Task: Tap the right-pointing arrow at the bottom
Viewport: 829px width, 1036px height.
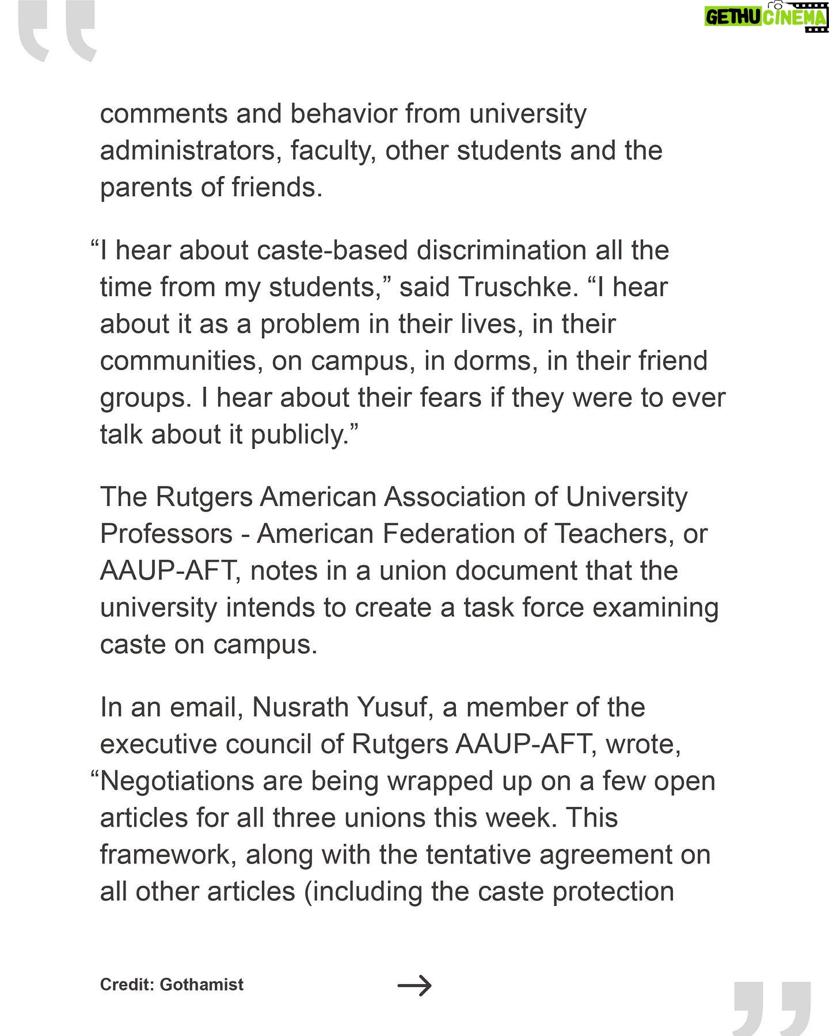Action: [x=414, y=985]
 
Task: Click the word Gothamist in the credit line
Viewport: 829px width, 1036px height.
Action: [x=201, y=984]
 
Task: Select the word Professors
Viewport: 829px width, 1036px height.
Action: [x=166, y=534]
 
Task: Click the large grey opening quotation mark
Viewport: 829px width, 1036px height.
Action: [x=56, y=32]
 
